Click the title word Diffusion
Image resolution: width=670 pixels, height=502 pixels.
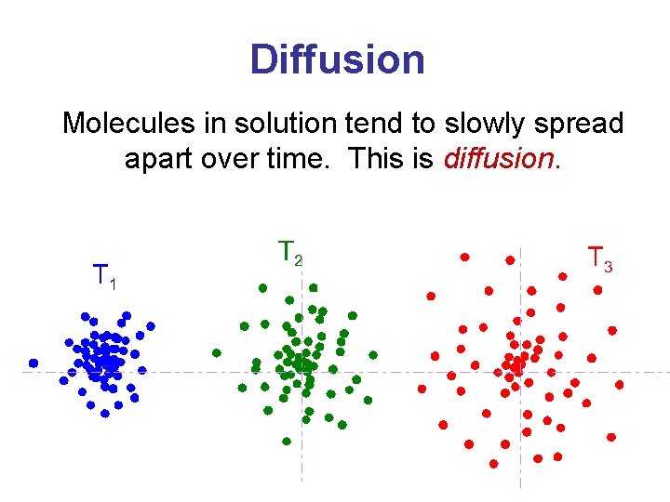click(337, 59)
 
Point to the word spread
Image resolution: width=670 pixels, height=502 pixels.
click(576, 124)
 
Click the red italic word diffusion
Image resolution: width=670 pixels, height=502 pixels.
click(502, 158)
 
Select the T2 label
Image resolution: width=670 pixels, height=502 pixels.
click(290, 251)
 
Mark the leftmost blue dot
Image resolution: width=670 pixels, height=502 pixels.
click(33, 363)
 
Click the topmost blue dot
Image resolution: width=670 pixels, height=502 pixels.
click(85, 315)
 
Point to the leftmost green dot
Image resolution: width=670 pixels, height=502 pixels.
click(216, 353)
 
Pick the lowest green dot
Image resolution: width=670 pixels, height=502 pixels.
click(287, 442)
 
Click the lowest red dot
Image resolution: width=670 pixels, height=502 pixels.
click(493, 463)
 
